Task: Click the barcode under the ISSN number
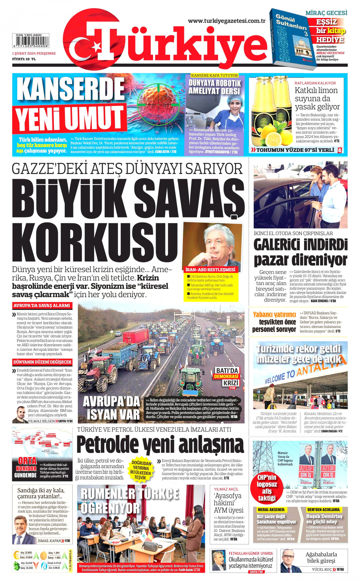(x=30, y=41)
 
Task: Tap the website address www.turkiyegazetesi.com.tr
(x=227, y=21)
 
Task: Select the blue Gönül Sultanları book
(x=292, y=39)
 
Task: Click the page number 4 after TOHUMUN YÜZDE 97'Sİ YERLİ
(x=339, y=150)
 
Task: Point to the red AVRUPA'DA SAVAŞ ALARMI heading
(x=42, y=305)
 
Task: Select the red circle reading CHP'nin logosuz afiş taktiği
(x=267, y=488)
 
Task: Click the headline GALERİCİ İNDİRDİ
(x=301, y=245)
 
